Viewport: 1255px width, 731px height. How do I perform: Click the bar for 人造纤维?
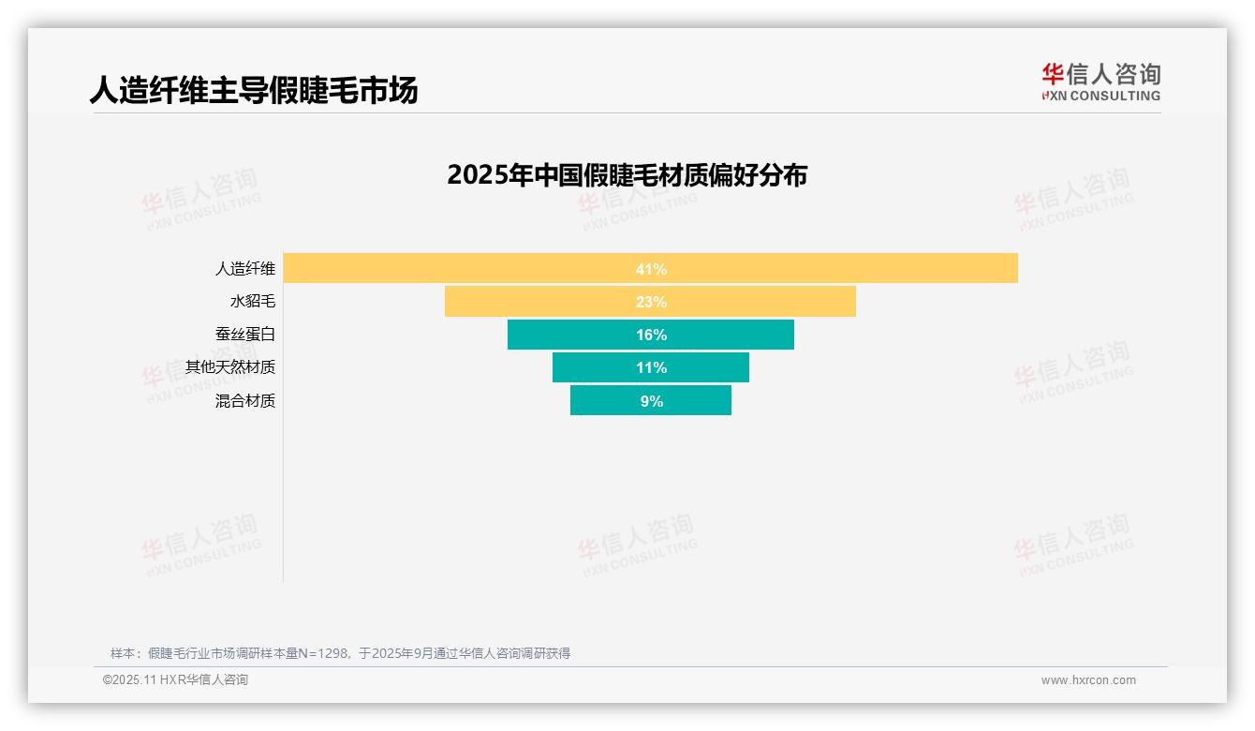[843, 269]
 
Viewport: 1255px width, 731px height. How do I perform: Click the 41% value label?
[651, 269]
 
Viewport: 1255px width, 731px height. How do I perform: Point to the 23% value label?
[651, 302]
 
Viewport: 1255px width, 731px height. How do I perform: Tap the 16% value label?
[651, 335]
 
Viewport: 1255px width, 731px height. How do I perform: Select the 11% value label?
[651, 367]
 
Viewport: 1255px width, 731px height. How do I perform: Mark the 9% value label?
[651, 401]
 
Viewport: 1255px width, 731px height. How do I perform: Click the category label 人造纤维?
[245, 269]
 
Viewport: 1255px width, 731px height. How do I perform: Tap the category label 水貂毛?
[253, 302]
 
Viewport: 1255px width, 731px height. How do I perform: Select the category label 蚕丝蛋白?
[245, 335]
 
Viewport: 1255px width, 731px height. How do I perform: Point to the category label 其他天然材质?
[230, 367]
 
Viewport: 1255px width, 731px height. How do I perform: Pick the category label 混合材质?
[245, 401]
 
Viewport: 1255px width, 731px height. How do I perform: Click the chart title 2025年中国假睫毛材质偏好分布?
[627, 175]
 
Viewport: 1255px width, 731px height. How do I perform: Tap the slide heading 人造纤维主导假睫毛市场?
[254, 90]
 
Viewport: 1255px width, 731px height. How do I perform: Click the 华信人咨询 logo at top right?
[1100, 82]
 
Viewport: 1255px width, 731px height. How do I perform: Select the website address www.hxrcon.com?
[1088, 680]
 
